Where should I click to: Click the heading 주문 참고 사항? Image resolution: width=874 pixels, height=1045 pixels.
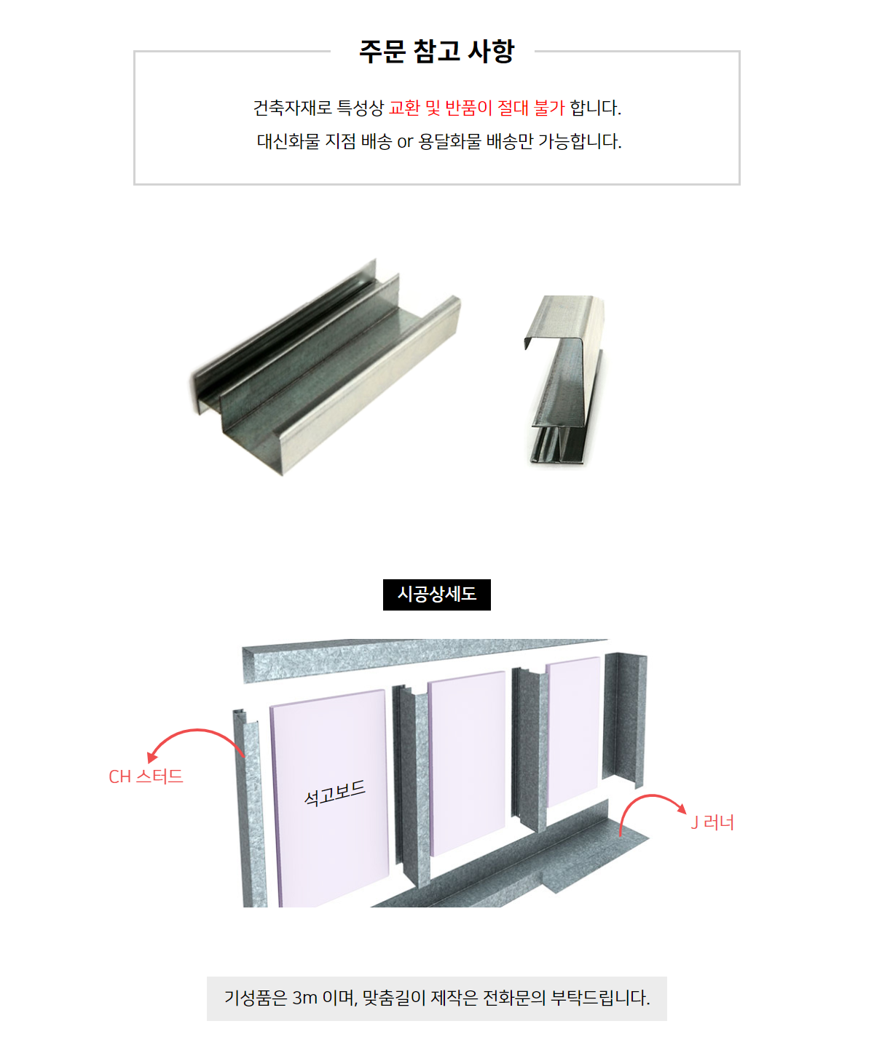point(436,51)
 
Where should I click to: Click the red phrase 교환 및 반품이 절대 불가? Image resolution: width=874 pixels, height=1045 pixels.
point(476,108)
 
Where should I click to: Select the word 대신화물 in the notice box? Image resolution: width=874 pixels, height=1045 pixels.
point(288,141)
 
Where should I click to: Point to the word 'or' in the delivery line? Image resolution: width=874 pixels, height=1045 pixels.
point(405,142)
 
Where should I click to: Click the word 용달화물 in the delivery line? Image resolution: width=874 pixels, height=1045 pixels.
point(449,141)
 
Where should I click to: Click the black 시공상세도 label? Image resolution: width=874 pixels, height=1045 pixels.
point(437,595)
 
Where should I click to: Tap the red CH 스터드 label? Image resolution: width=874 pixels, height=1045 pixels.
point(146,776)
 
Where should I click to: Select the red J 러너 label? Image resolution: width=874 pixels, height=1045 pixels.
point(712,823)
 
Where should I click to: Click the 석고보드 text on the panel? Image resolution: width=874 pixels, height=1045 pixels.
point(334,792)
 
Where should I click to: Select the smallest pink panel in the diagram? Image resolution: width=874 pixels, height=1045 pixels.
point(573,731)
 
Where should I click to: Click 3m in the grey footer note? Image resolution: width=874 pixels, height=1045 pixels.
point(305,998)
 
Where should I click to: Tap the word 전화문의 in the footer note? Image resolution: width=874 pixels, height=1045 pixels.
point(514,998)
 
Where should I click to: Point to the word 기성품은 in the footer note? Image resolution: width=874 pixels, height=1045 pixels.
point(256,998)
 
